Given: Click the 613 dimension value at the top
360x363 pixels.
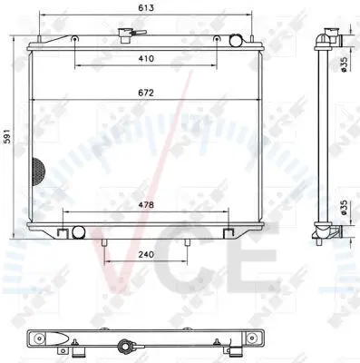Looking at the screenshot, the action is pos(146,8).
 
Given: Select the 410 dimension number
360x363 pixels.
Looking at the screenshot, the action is pos(146,58).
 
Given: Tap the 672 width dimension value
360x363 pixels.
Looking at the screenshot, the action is pos(146,93).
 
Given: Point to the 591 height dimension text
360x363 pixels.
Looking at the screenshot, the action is pos(8,136).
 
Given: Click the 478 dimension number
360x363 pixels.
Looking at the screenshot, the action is pos(146,205).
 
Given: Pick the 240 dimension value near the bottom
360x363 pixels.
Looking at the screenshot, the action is pos(146,255).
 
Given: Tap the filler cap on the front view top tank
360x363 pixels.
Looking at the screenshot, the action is pos(125,35).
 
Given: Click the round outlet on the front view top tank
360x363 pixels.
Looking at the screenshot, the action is pos(236,41).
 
